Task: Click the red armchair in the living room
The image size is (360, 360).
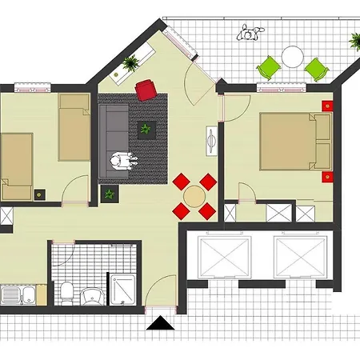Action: (x=147, y=90)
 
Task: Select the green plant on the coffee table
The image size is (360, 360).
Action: (x=146, y=128)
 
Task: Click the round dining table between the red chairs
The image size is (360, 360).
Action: (x=194, y=196)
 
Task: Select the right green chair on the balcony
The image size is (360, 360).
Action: (x=316, y=70)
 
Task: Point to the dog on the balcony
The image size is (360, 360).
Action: (x=251, y=34)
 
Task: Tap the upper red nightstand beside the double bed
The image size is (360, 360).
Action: (x=326, y=106)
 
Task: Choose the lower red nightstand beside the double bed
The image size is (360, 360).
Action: (x=326, y=175)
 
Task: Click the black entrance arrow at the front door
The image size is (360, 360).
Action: (x=161, y=324)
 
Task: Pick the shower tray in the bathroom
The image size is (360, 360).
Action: (x=124, y=290)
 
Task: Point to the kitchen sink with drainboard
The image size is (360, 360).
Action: (x=16, y=296)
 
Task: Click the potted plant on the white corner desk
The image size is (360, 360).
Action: (x=130, y=62)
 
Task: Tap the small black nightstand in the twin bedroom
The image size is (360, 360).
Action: (x=41, y=193)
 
